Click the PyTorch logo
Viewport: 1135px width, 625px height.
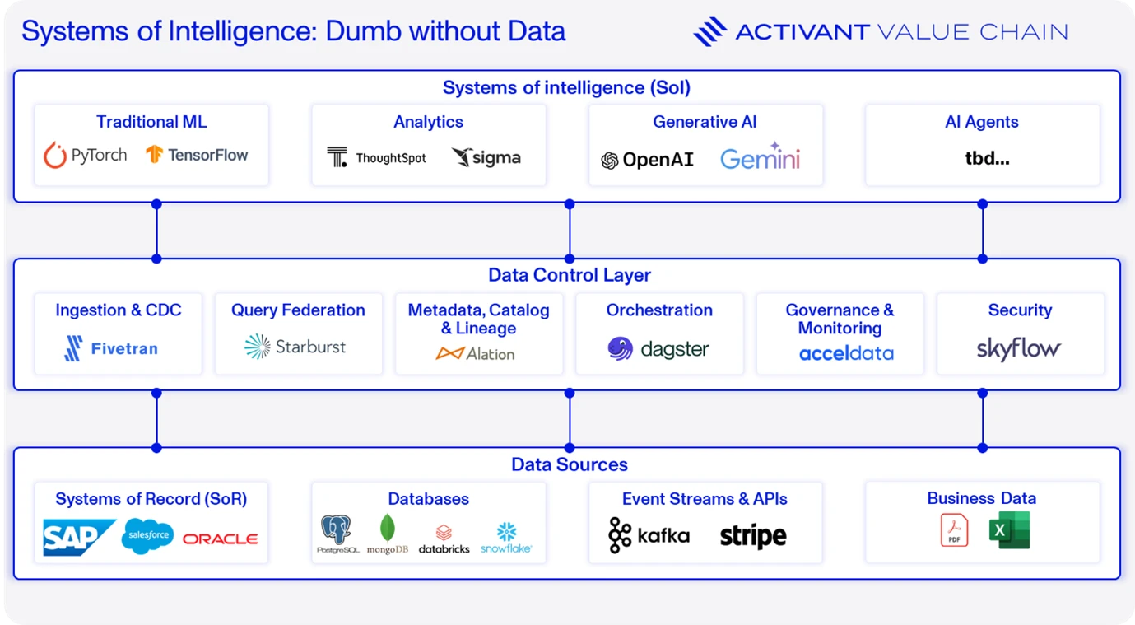[85, 155]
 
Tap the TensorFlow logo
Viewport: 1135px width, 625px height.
[197, 155]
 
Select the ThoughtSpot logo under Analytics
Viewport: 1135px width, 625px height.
[376, 157]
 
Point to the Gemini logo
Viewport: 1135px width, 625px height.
[760, 156]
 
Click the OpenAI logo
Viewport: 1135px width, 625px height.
[647, 160]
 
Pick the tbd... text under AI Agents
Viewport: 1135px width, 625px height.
[987, 159]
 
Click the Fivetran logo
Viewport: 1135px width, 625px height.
[111, 348]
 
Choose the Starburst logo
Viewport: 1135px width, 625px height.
[295, 347]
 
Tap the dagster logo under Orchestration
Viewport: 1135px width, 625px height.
[658, 349]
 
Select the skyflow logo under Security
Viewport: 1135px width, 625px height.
[1018, 349]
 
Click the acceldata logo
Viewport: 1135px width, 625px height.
[846, 353]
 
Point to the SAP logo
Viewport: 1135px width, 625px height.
[80, 538]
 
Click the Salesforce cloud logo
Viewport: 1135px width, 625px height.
[148, 536]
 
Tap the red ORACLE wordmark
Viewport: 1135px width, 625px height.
[221, 539]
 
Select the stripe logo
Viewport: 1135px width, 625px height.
[753, 536]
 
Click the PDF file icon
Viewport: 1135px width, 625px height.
[954, 530]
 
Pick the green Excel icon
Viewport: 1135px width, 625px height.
[1009, 530]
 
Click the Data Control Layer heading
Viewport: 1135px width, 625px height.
[569, 275]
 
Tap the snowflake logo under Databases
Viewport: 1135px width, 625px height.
[506, 538]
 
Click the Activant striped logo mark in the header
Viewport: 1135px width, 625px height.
[709, 31]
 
